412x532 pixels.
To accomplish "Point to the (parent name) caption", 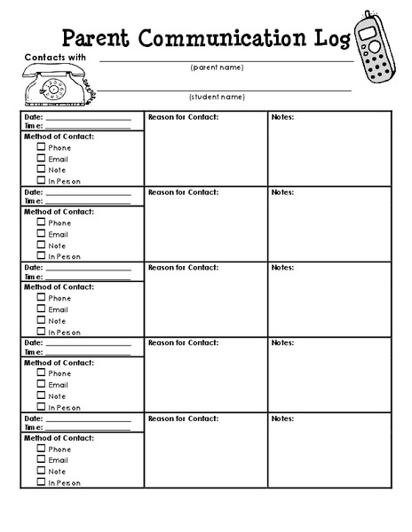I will [217, 67].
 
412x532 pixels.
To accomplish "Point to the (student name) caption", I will [217, 96].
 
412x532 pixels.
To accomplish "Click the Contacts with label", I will [50, 57].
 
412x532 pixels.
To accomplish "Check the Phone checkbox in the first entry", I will [41, 147].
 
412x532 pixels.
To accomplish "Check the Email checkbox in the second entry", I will [41, 233].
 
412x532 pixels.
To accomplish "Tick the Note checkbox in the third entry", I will [41, 320].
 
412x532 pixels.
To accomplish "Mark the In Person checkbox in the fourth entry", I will [41, 407].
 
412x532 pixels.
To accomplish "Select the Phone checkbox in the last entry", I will [41, 448].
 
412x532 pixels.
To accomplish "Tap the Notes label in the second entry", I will [282, 192].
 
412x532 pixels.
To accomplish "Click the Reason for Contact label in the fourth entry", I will [183, 342].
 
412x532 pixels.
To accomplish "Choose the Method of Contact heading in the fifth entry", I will [59, 438].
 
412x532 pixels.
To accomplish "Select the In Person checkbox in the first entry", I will [41, 180].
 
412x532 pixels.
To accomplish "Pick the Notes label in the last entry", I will [282, 418].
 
